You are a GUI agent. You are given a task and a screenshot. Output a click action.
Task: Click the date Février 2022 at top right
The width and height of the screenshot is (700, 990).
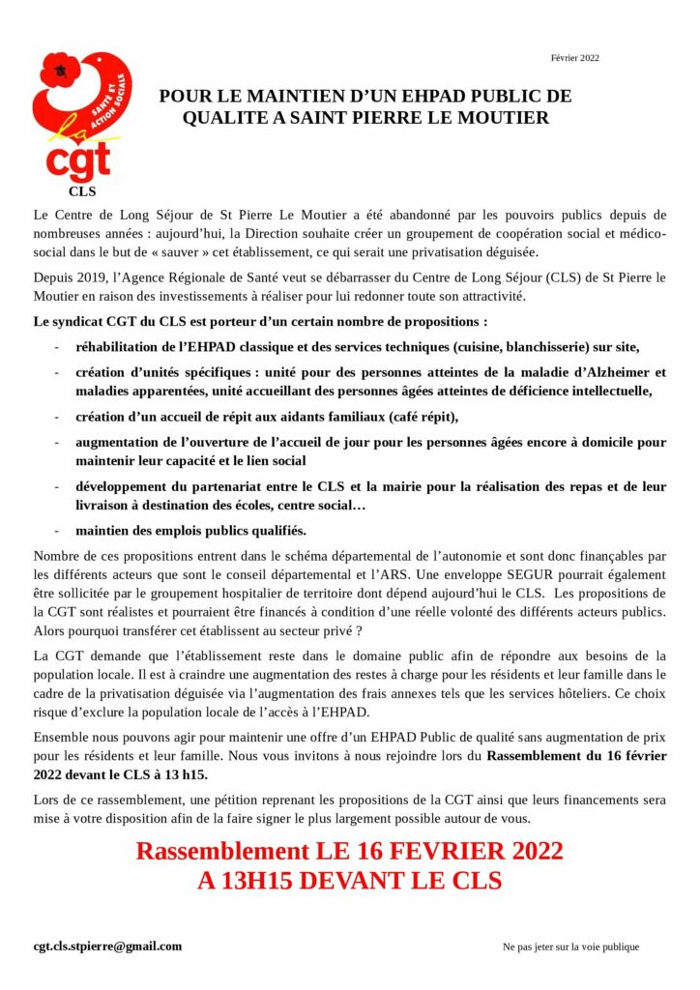point(575,57)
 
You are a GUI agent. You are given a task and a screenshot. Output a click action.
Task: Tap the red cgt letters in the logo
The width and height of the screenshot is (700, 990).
point(78,160)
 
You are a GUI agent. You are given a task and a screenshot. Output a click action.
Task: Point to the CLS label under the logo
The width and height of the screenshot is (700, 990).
point(82,191)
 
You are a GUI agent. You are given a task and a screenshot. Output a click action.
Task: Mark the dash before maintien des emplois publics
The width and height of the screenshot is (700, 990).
point(58,531)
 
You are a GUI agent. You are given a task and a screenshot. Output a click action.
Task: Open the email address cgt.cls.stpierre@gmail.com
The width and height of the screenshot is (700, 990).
point(107,946)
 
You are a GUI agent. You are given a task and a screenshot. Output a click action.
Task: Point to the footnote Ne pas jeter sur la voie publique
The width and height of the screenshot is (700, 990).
point(570,947)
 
